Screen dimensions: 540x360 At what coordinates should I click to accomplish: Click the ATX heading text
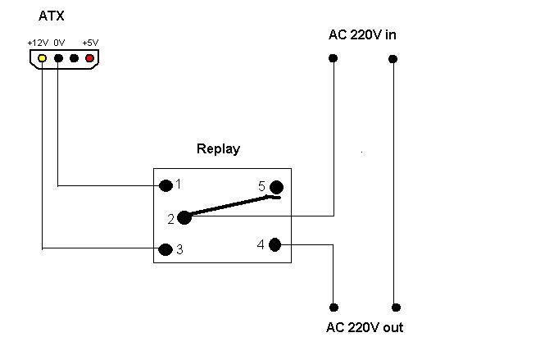click(x=52, y=16)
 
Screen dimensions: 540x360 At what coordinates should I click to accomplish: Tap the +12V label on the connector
click(x=38, y=43)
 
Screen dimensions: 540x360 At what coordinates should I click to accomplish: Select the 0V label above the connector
click(x=59, y=43)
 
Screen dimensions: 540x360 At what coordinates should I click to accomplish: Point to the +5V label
click(x=90, y=43)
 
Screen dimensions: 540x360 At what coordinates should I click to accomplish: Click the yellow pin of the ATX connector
click(x=42, y=58)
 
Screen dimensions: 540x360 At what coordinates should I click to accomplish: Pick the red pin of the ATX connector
click(x=89, y=58)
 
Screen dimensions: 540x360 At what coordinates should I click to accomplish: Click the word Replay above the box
click(x=218, y=148)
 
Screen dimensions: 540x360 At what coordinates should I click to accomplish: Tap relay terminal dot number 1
click(x=166, y=185)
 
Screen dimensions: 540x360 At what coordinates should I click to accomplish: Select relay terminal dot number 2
click(x=184, y=218)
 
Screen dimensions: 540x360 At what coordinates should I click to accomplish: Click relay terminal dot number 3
click(x=166, y=249)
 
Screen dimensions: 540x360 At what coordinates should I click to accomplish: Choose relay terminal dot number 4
click(x=275, y=245)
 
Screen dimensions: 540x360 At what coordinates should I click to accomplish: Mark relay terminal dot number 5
click(x=276, y=188)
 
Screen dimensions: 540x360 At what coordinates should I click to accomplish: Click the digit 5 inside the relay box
click(x=261, y=186)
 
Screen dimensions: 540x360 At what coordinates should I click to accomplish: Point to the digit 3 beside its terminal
click(x=179, y=249)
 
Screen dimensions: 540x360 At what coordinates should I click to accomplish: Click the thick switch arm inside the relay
click(x=234, y=206)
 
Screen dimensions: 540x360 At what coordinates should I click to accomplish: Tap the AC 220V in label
click(x=362, y=34)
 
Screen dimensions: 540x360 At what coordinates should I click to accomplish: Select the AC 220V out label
click(x=365, y=327)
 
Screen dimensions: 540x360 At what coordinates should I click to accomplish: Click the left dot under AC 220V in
click(x=333, y=58)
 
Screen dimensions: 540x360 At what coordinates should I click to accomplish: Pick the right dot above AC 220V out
click(x=397, y=308)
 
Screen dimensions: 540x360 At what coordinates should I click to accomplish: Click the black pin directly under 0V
click(x=58, y=58)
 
